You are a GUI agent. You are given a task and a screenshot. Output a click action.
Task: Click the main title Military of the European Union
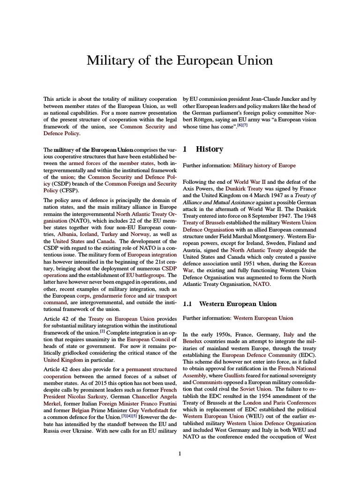[180, 61]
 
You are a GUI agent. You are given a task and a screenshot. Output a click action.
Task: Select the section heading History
[209, 149]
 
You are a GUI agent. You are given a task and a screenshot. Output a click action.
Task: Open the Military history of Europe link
[264, 165]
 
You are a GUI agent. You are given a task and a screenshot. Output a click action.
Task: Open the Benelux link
[194, 342]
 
